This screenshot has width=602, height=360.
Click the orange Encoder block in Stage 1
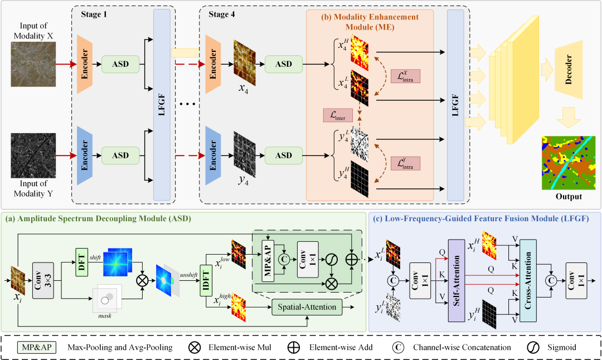(85, 64)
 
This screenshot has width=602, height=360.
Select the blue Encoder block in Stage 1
(85, 155)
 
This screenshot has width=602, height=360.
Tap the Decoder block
(569, 70)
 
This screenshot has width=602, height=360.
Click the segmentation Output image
(569, 163)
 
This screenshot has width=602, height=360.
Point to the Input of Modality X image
(33, 64)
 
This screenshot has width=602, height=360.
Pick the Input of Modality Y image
(33, 155)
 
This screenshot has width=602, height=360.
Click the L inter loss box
(338, 115)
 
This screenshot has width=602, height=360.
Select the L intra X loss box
(405, 76)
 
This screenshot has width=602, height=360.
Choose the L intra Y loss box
(405, 163)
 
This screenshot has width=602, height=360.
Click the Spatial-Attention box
(307, 307)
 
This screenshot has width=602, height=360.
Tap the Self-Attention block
(457, 281)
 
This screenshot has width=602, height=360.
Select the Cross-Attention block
(528, 281)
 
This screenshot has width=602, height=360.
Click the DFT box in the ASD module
(81, 262)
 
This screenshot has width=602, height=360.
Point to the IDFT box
(206, 280)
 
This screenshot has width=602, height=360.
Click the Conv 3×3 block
(43, 280)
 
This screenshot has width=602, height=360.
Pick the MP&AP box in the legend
(36, 347)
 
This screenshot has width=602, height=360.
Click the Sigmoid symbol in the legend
(533, 347)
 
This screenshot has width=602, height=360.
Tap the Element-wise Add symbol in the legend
(294, 347)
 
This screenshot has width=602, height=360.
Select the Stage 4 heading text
(221, 14)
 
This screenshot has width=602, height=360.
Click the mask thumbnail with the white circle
(108, 299)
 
